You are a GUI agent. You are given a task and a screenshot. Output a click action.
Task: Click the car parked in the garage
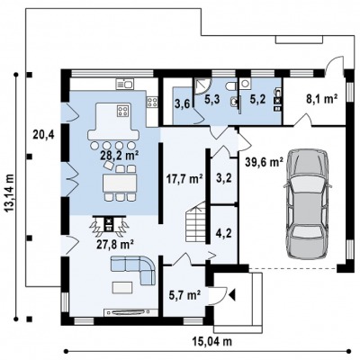[307, 203]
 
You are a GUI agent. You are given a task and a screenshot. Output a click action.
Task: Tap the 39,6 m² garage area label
[264, 162]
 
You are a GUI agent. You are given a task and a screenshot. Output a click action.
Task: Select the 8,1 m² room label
[322, 99]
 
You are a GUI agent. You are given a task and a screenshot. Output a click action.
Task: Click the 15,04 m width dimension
[212, 341]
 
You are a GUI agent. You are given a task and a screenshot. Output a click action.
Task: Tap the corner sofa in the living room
[133, 270]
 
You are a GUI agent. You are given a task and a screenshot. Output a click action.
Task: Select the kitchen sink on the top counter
[124, 84]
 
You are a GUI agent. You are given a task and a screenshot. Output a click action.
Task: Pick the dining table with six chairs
[120, 183]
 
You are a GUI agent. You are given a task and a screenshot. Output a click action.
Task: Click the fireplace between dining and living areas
[109, 224]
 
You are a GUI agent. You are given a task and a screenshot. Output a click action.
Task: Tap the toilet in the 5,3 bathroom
[231, 85]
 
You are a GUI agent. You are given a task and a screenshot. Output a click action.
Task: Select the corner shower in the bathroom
[202, 86]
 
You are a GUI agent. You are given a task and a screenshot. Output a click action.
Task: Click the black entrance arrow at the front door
[232, 295]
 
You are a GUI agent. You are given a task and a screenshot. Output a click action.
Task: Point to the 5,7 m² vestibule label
[184, 296]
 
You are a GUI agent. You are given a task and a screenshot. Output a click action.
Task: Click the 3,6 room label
[182, 105]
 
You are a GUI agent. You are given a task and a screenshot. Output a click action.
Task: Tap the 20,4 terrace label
[43, 135]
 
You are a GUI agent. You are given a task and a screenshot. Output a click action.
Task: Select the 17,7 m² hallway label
[184, 180]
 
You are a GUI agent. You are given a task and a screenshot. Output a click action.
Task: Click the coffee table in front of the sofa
[122, 287]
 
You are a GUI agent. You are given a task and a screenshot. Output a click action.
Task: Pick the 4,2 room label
[224, 233]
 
